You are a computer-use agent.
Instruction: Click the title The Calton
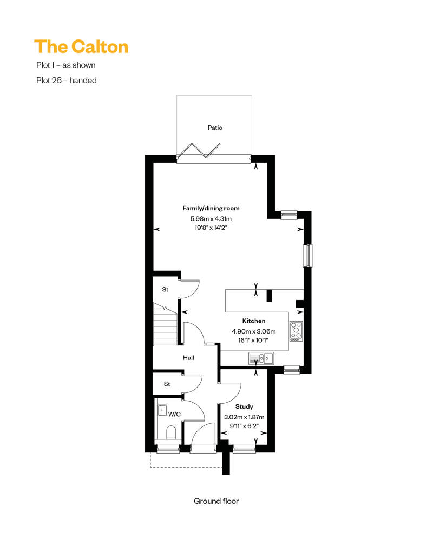(x=81, y=47)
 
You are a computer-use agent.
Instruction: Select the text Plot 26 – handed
(x=67, y=81)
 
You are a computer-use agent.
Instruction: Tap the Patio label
(x=215, y=128)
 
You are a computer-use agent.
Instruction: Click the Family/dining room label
(x=211, y=208)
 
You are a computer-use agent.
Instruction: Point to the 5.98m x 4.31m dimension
(x=211, y=218)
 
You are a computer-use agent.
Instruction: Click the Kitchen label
(x=254, y=321)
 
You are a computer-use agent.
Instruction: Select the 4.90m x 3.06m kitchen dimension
(x=253, y=331)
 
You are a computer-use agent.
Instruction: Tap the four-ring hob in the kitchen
(x=296, y=331)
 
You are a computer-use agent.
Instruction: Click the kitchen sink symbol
(x=261, y=358)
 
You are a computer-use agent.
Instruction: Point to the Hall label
(x=188, y=357)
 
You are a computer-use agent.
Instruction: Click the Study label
(x=244, y=406)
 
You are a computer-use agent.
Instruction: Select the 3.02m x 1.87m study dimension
(x=244, y=417)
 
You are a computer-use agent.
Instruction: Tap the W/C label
(x=174, y=414)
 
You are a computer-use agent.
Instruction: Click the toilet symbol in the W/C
(x=171, y=432)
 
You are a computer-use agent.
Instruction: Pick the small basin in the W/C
(x=163, y=410)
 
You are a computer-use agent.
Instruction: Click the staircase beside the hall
(x=165, y=324)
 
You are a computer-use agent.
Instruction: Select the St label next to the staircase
(x=165, y=289)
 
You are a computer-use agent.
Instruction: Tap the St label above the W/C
(x=167, y=384)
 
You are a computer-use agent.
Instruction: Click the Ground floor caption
(x=216, y=501)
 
